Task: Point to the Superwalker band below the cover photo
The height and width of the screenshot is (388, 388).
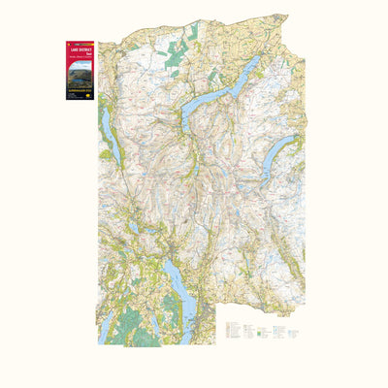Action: point(79,88)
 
